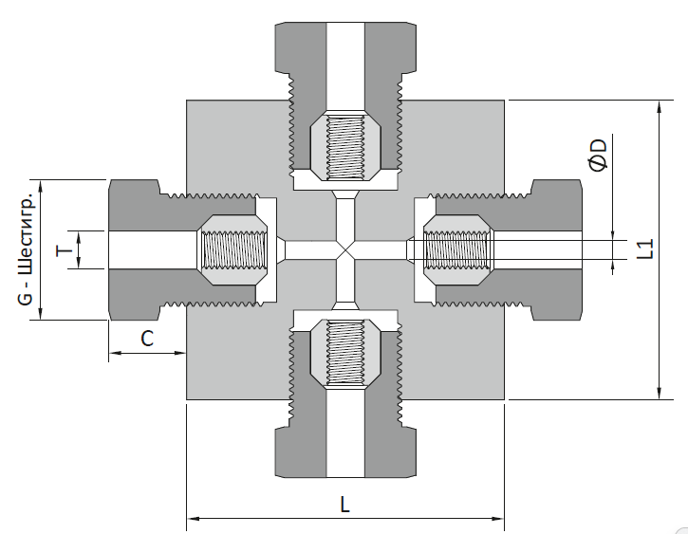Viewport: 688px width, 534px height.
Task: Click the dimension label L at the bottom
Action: click(344, 505)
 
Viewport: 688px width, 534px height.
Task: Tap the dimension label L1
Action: click(645, 249)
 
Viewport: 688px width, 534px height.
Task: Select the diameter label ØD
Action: click(599, 156)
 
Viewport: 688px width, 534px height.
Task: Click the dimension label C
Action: click(147, 339)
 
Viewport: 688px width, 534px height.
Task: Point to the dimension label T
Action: click(65, 250)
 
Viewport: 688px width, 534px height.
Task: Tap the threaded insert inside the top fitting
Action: click(345, 146)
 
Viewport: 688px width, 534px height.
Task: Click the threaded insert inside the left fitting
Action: click(232, 249)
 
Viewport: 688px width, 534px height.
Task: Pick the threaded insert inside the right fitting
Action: click(456, 249)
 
